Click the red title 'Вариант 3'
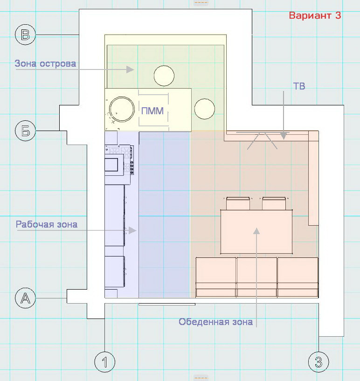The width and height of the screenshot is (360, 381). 315,15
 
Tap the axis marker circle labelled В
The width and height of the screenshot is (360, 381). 25,35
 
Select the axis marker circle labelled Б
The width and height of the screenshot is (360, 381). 25,131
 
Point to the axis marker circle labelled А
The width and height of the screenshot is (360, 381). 25,298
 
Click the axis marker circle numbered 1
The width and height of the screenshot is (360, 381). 105,362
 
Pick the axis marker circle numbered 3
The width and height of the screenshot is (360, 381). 318,362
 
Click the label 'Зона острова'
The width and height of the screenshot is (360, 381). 45,63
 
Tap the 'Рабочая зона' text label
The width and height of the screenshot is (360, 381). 47,224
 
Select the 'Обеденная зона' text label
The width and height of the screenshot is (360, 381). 216,322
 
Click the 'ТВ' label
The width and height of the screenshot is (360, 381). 299,86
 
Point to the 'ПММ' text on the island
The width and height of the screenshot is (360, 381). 152,111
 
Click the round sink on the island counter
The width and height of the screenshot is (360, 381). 122,109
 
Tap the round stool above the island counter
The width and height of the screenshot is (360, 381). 164,76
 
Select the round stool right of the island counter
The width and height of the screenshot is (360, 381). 205,109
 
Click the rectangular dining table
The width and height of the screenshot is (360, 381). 256,232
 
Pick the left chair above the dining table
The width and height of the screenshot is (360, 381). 238,203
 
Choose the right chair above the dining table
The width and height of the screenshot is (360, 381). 274,203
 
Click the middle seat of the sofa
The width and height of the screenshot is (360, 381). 256,277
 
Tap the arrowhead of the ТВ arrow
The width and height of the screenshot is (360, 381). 284,136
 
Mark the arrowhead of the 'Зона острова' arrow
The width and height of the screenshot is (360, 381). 130,69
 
